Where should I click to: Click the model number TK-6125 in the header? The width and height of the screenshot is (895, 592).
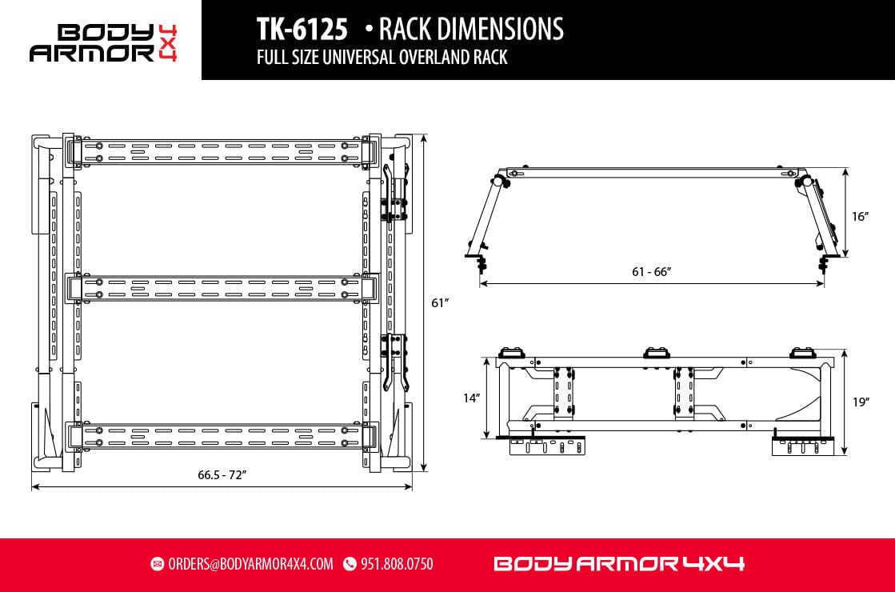click(302, 30)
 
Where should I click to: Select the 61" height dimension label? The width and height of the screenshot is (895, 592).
click(438, 304)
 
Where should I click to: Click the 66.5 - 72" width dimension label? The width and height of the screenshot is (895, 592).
click(222, 474)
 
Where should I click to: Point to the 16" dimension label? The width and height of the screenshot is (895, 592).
click(860, 216)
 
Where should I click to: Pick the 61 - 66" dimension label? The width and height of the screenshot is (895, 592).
click(651, 271)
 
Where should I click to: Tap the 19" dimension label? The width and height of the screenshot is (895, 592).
click(860, 402)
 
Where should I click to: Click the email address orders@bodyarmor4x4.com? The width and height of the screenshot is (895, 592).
click(250, 564)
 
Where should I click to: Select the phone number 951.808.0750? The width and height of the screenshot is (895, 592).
click(397, 564)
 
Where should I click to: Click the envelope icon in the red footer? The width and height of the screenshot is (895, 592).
click(157, 564)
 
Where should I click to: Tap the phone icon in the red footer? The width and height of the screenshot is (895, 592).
click(350, 564)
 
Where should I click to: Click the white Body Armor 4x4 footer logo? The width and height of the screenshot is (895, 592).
click(618, 564)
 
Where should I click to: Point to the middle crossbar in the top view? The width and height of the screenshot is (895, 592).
click(222, 288)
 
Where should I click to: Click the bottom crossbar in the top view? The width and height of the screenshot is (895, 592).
click(222, 436)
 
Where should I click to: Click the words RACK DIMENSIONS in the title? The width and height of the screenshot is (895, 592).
click(470, 30)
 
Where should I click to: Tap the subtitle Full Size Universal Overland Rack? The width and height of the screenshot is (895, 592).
click(382, 58)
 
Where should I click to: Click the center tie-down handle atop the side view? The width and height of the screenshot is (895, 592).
click(658, 352)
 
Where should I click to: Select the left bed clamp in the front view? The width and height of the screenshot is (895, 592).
click(481, 262)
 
